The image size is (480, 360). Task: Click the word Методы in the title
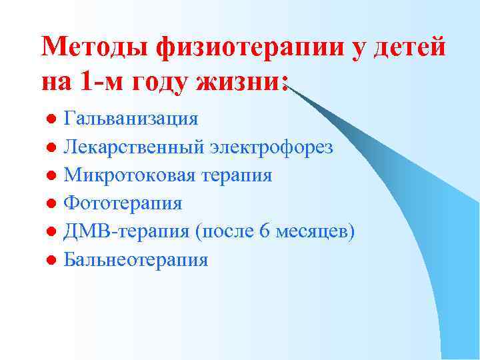(95, 48)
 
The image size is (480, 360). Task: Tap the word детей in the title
(409, 48)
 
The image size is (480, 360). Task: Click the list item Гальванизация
(131, 119)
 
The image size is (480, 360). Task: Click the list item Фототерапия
(123, 203)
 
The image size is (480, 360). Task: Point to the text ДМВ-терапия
(127, 231)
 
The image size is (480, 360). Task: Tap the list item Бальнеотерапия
(135, 259)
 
